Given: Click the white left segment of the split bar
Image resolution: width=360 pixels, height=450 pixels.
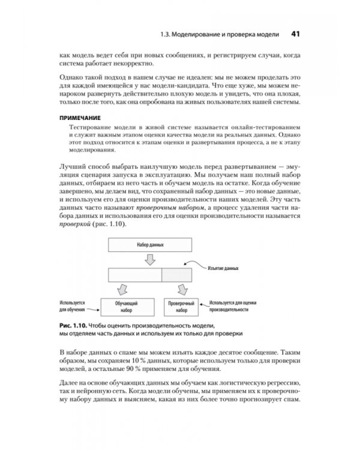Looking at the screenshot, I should tap(135, 275).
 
